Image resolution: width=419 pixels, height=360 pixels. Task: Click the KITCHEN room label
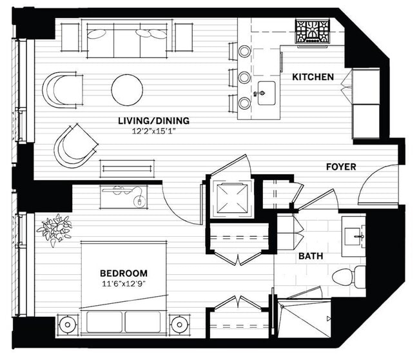(313, 77)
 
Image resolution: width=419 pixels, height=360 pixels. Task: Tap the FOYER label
(341, 167)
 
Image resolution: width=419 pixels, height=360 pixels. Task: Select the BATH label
(311, 256)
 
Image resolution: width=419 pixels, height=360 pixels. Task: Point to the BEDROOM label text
(124, 274)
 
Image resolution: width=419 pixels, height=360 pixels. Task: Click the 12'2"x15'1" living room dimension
(153, 132)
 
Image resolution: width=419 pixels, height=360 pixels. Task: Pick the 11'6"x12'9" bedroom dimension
(124, 284)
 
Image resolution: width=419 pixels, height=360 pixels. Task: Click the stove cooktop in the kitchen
(312, 32)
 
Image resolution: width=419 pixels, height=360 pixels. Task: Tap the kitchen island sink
(266, 93)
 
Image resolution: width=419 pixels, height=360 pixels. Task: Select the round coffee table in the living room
(127, 90)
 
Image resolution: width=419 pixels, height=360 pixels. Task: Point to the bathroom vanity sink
(353, 236)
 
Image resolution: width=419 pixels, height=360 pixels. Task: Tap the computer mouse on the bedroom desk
(139, 202)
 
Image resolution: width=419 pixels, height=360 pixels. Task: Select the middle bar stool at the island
(244, 77)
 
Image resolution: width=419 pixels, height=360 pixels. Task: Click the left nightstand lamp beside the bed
(67, 325)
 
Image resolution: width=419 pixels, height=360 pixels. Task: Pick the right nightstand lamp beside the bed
(179, 325)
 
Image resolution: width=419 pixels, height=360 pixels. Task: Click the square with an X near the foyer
(232, 198)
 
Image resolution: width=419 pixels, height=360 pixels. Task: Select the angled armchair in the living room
(75, 146)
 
